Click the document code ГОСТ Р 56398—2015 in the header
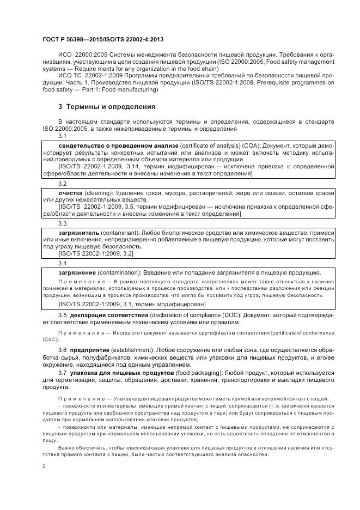click(72, 40)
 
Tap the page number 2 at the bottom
click(44, 466)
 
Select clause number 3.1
click(62, 136)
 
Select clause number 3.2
click(62, 184)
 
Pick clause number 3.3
click(62, 223)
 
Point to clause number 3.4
click(62, 263)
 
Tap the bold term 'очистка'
click(70, 193)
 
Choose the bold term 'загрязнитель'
click(78, 233)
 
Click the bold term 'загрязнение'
click(77, 272)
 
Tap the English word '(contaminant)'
click(120, 233)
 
